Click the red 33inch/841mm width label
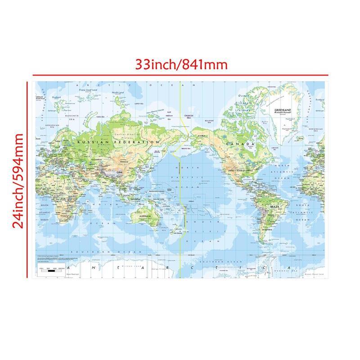(x=182, y=64)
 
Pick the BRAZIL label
(x=274, y=206)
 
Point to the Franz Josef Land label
(x=88, y=90)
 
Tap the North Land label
(x=117, y=93)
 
